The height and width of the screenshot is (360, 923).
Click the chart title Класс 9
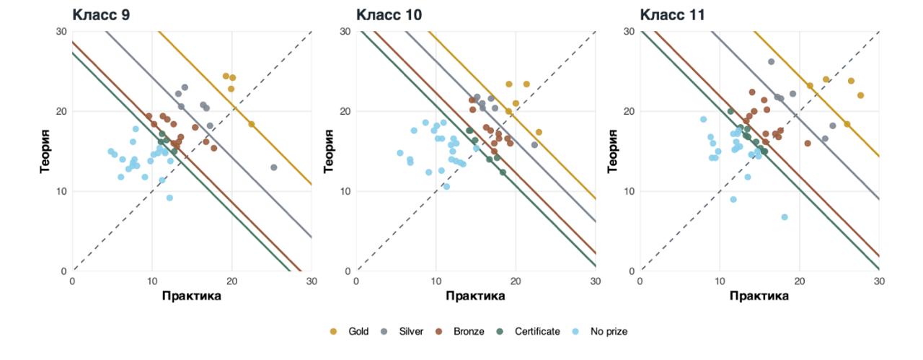click(101, 14)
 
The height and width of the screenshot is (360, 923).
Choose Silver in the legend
click(404, 332)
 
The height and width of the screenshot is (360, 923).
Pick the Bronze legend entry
click(461, 332)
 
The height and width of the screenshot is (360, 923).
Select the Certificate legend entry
click(529, 332)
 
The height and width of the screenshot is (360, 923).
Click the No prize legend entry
click(601, 332)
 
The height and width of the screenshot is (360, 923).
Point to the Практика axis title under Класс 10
click(475, 296)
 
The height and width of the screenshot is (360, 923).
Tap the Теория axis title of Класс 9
click(45, 151)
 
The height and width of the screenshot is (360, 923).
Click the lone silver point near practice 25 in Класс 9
click(273, 167)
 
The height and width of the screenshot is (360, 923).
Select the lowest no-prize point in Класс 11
click(785, 217)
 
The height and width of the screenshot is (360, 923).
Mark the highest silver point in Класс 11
click(771, 62)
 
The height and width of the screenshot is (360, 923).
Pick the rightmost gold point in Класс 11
click(860, 95)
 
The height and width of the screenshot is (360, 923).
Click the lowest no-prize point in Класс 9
click(169, 198)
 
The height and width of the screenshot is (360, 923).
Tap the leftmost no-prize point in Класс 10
click(400, 153)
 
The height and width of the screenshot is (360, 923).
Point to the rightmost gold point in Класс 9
click(252, 124)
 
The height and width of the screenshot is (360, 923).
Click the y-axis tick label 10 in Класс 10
click(346, 191)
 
